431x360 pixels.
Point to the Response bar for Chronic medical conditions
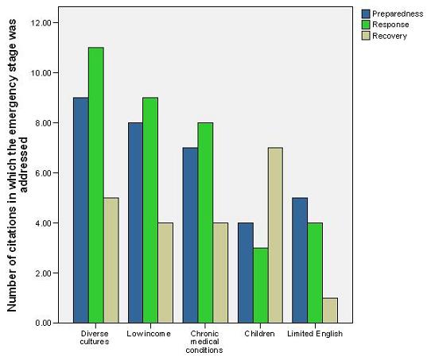[x=205, y=223]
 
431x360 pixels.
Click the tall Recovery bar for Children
[x=274, y=235]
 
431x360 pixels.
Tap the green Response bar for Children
[x=259, y=285]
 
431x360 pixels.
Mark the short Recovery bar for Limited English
[x=329, y=310]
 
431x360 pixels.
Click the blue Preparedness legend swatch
[x=367, y=14]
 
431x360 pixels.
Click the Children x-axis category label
[x=259, y=334]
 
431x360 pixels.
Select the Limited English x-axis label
[x=314, y=334]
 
